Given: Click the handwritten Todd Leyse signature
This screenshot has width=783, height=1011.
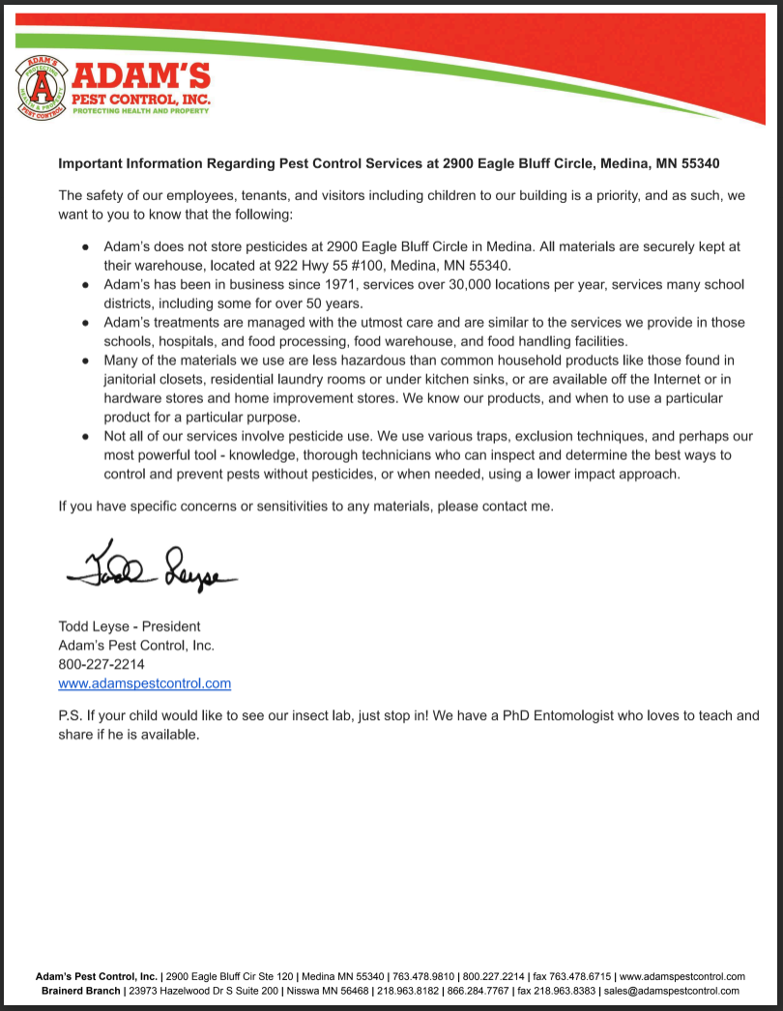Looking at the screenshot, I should point(151,567).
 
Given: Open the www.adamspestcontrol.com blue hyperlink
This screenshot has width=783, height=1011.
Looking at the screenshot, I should point(145,683).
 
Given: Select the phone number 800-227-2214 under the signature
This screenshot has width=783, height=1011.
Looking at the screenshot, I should point(101,664).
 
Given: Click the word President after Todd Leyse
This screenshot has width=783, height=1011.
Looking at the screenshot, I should point(171,625).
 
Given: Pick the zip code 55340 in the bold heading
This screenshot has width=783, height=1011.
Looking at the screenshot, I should point(699,162).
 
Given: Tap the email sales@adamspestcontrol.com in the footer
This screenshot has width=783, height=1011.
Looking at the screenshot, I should point(672,991).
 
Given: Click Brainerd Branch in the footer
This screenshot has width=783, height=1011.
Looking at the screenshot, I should point(81,991).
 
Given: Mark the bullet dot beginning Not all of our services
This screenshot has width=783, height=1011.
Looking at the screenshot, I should point(86,437).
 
